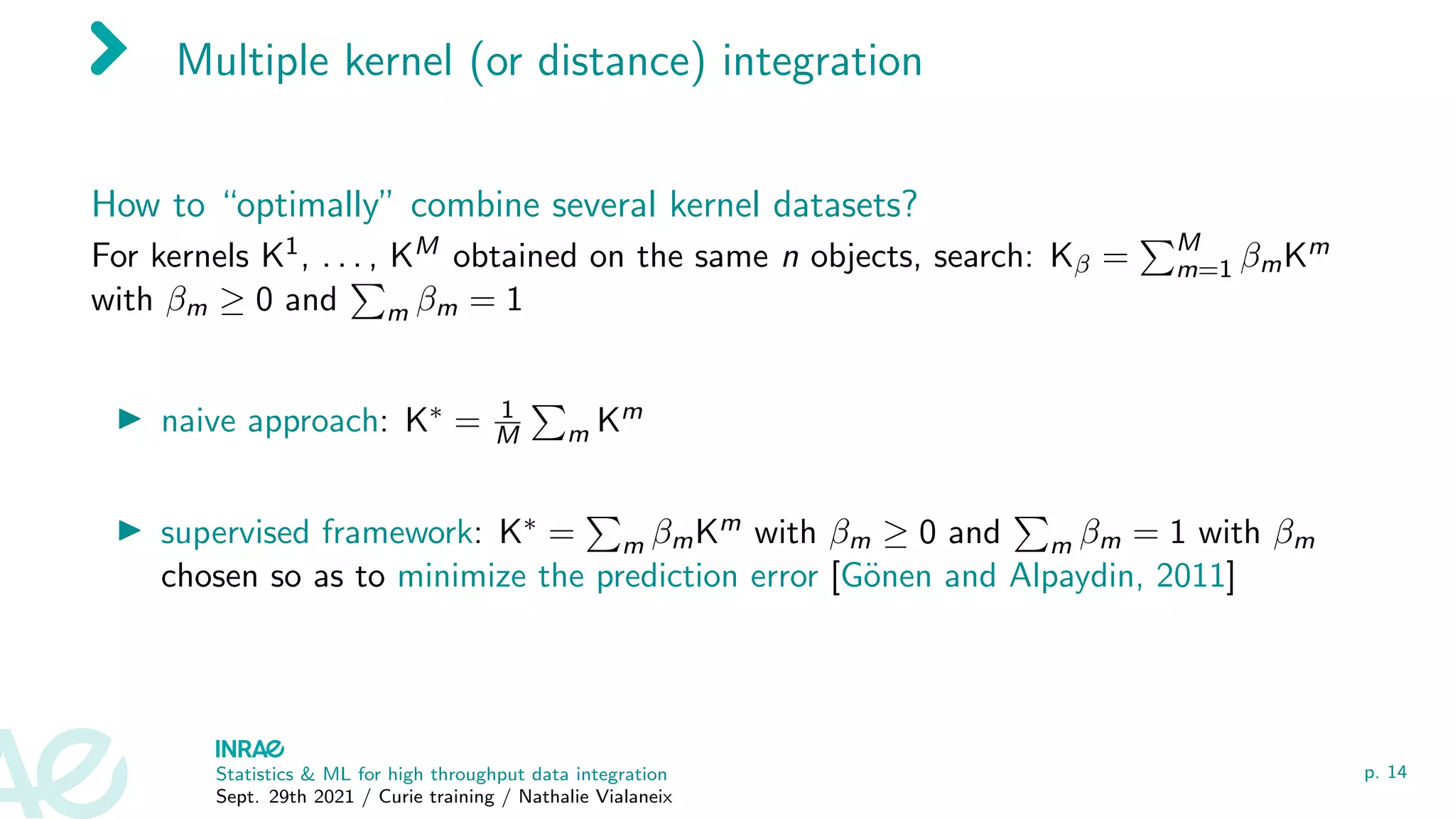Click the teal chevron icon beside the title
click(x=109, y=48)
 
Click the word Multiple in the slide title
click(x=252, y=61)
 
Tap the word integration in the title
click(x=822, y=61)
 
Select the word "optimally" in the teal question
click(x=308, y=205)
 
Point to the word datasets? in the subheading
click(x=845, y=205)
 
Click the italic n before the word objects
click(x=790, y=257)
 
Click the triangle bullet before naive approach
click(x=129, y=419)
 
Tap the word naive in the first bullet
click(x=198, y=421)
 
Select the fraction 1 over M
click(x=507, y=422)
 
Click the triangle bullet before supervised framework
click(x=129, y=530)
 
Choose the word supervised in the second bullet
click(x=234, y=533)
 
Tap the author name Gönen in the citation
click(x=886, y=576)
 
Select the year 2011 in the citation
click(x=1191, y=576)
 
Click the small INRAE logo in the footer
click(x=249, y=749)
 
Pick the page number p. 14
click(x=1385, y=772)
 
